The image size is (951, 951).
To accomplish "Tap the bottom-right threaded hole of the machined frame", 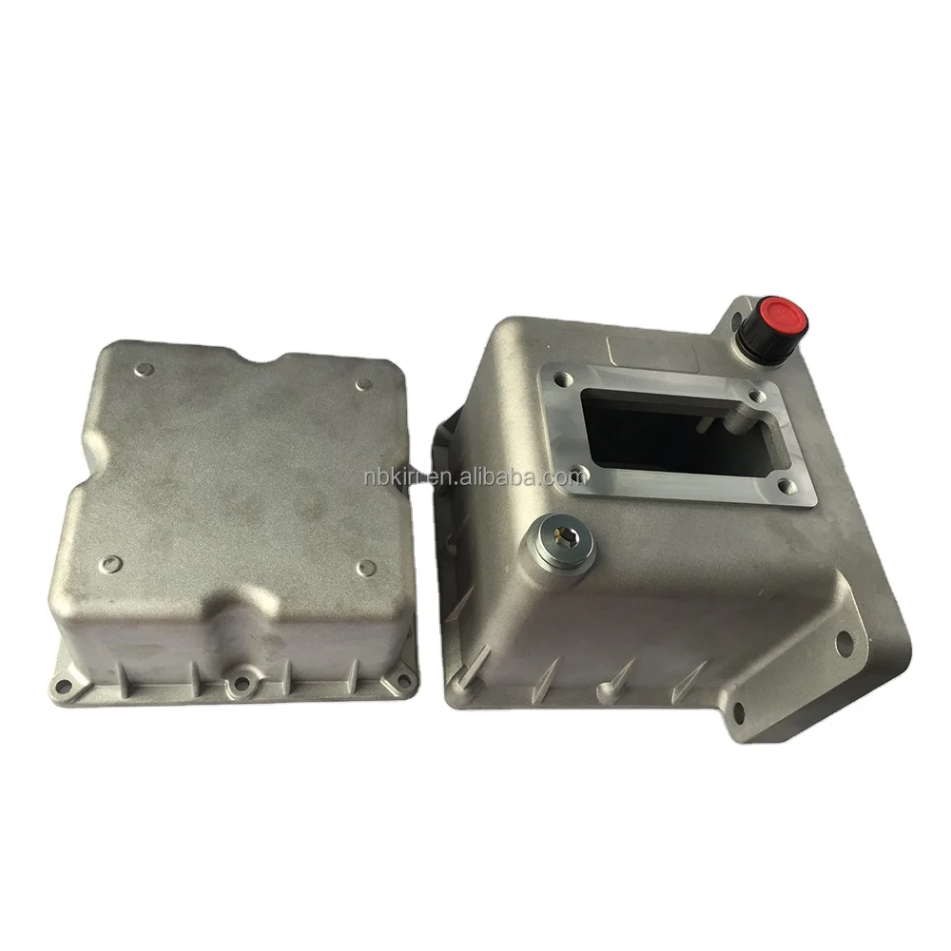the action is pyautogui.click(x=786, y=485).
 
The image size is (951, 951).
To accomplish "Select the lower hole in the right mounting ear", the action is pyautogui.click(x=738, y=713).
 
